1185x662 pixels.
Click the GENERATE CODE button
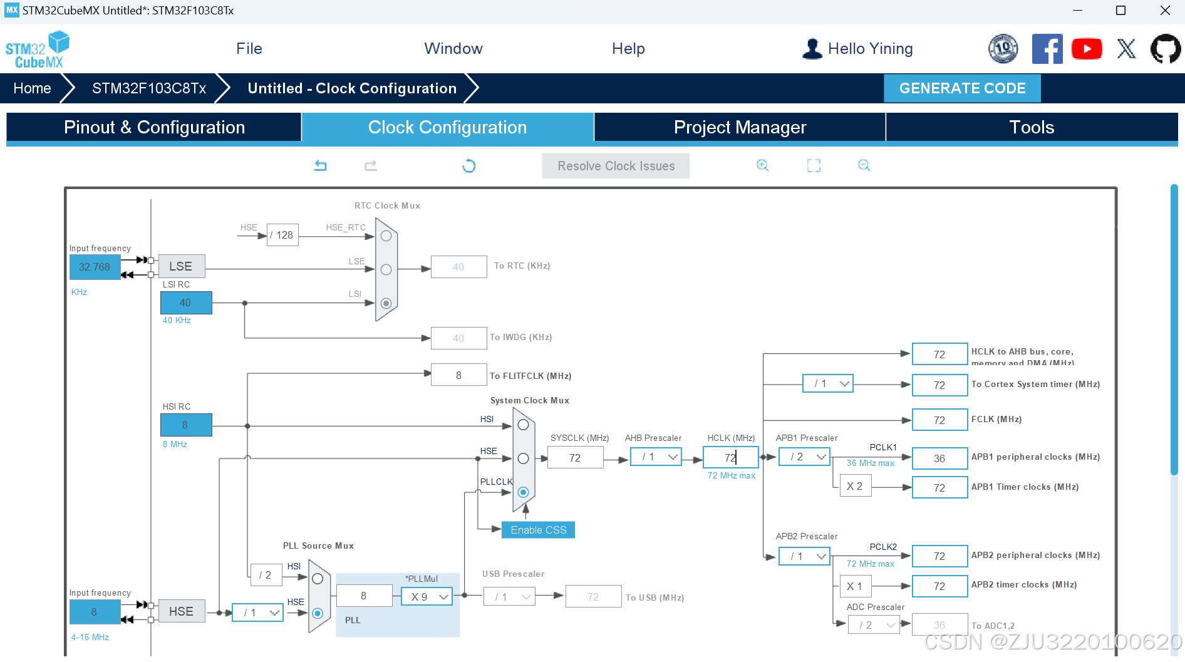pos(962,88)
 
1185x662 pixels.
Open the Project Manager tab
pos(740,127)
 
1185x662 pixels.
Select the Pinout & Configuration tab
pos(154,127)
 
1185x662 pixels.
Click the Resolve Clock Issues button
pos(616,166)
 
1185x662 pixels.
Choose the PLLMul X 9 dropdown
pos(427,597)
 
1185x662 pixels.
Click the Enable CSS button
pos(538,530)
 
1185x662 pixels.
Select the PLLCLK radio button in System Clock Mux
pos(524,492)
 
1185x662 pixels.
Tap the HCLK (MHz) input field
pos(730,458)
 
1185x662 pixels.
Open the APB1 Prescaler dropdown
pos(804,457)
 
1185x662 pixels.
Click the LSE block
pos(181,266)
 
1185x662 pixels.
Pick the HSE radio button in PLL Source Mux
pos(318,613)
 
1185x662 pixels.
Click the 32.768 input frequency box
pos(95,267)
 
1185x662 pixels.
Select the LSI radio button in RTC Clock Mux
pos(386,303)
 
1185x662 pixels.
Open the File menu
pos(249,49)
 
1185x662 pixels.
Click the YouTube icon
pos(1087,49)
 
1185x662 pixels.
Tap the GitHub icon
pos(1165,49)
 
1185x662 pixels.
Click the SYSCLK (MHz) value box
pos(575,458)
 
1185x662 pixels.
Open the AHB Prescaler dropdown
pos(656,457)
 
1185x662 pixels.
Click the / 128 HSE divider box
pos(282,235)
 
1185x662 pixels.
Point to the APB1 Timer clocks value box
pos(939,488)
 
